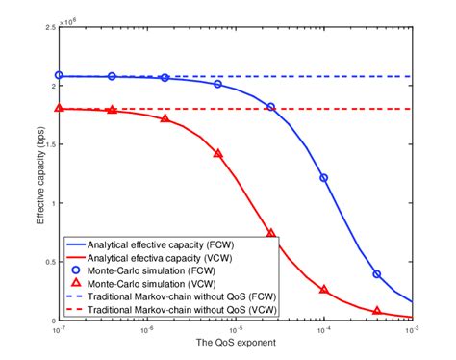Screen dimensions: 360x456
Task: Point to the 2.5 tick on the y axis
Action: point(51,29)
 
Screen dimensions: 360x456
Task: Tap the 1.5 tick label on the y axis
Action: point(51,145)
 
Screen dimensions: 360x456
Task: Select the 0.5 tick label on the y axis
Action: point(51,262)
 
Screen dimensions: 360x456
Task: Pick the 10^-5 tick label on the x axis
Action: point(236,329)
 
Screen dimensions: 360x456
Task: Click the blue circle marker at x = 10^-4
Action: point(324,178)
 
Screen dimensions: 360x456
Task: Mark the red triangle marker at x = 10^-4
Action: point(324,289)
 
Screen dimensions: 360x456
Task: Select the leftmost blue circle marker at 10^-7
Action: point(60,75)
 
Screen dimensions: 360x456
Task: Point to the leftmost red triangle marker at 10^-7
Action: point(60,109)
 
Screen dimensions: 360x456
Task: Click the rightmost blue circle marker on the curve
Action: point(377,274)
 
